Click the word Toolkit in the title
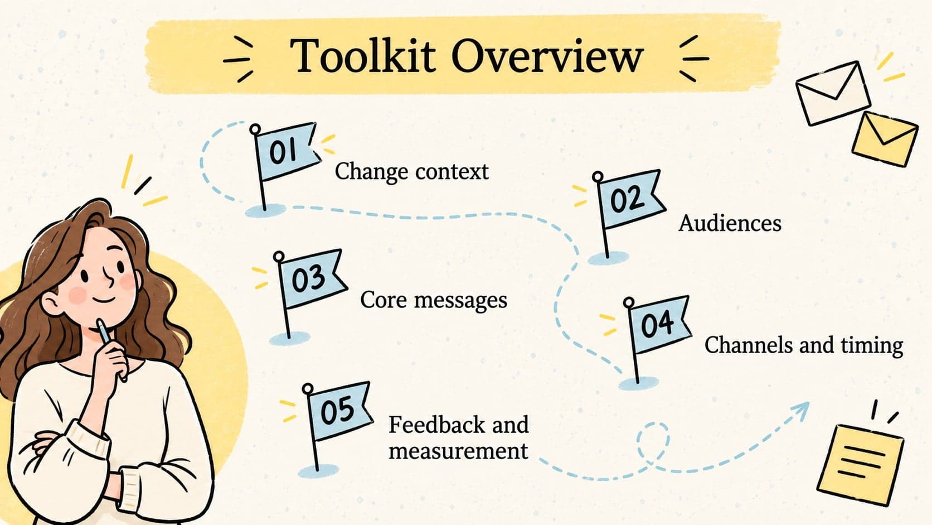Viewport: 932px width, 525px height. (363, 56)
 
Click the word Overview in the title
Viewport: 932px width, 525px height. (547, 56)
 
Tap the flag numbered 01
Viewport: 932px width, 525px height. (287, 151)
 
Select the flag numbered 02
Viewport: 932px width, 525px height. (629, 199)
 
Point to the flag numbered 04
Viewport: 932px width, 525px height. (659, 324)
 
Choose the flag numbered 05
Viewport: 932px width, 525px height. (339, 411)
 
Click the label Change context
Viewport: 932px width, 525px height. (411, 172)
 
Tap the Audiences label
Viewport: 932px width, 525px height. (730, 224)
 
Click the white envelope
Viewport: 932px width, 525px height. (833, 93)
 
